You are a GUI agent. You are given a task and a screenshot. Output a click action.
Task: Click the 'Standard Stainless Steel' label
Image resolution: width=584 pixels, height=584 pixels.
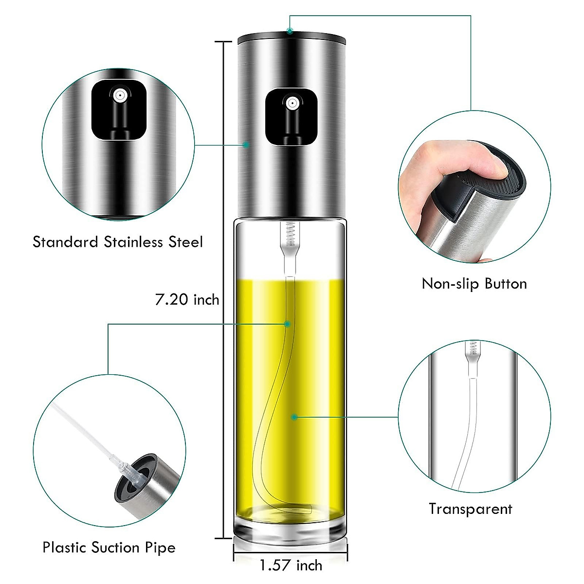point(117,242)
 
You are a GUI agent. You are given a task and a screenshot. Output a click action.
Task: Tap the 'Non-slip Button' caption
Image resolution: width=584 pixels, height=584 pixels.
point(474,284)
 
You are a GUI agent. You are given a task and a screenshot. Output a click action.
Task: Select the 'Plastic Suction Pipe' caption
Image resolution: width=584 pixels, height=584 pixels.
point(109,547)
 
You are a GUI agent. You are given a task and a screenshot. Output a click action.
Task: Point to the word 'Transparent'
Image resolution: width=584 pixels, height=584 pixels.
point(470,509)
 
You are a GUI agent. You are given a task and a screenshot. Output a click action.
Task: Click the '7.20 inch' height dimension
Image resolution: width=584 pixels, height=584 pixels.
point(187,299)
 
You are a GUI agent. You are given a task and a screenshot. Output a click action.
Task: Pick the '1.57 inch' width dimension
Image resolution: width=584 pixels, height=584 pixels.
point(291,566)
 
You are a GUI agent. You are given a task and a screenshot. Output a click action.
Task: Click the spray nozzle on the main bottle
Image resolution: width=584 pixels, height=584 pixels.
point(292,104)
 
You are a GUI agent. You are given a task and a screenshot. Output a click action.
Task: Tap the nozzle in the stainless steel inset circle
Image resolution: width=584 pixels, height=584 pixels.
point(118,96)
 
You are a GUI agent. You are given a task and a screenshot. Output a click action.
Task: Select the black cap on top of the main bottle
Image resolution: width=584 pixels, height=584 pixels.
point(292,36)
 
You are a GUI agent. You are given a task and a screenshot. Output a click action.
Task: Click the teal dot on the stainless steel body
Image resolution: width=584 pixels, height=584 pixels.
point(246,145)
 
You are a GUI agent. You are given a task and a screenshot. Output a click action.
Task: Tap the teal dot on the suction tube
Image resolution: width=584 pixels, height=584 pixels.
point(288,324)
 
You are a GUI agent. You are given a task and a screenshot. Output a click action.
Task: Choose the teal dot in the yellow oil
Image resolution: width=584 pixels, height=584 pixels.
point(294,417)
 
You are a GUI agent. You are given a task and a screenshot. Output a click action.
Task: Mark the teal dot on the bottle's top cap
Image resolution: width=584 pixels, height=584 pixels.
point(290,32)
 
